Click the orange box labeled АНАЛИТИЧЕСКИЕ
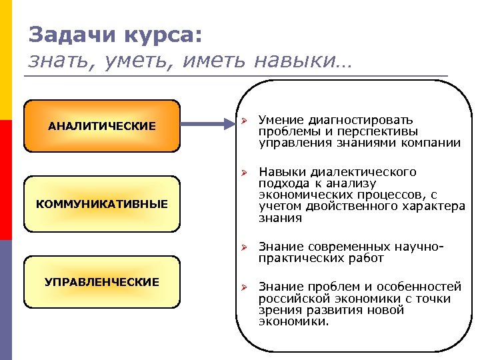coord(102,126)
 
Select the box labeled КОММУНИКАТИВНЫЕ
coord(102,203)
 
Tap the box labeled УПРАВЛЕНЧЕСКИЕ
coord(102,282)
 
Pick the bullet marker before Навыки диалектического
coord(245,173)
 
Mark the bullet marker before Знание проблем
coord(245,287)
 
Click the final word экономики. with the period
coord(293,321)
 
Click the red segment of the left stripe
coord(5,180)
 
